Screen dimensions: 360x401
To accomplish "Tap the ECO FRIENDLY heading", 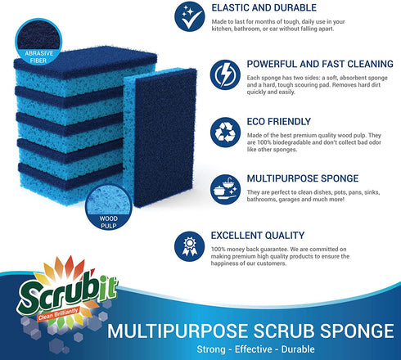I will (x=251, y=119).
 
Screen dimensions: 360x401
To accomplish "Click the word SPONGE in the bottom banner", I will (x=354, y=331).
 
